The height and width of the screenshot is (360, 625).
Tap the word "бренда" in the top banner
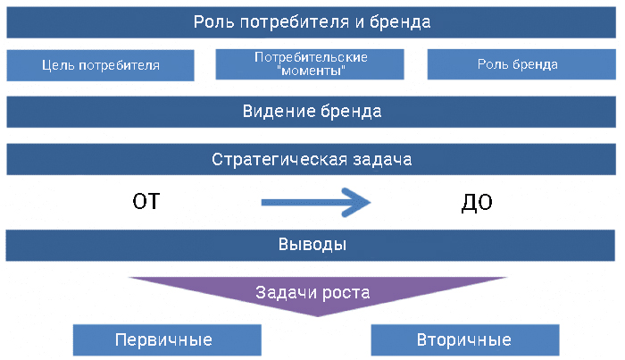(x=402, y=22)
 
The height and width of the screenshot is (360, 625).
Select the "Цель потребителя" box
(x=100, y=65)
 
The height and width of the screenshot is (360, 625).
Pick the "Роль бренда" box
(x=518, y=64)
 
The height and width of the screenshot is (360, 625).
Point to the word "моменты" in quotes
(x=312, y=70)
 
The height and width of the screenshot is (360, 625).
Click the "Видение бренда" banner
(x=312, y=113)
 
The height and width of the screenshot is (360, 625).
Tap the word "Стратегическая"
(x=274, y=161)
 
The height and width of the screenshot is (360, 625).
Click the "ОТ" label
(x=146, y=202)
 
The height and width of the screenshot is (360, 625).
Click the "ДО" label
(x=477, y=203)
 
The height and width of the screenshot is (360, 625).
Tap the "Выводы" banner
(x=312, y=245)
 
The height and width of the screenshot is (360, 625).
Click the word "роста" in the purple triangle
(x=347, y=292)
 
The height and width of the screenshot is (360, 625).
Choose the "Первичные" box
(x=166, y=340)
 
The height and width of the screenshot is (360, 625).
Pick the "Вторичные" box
(x=464, y=340)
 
